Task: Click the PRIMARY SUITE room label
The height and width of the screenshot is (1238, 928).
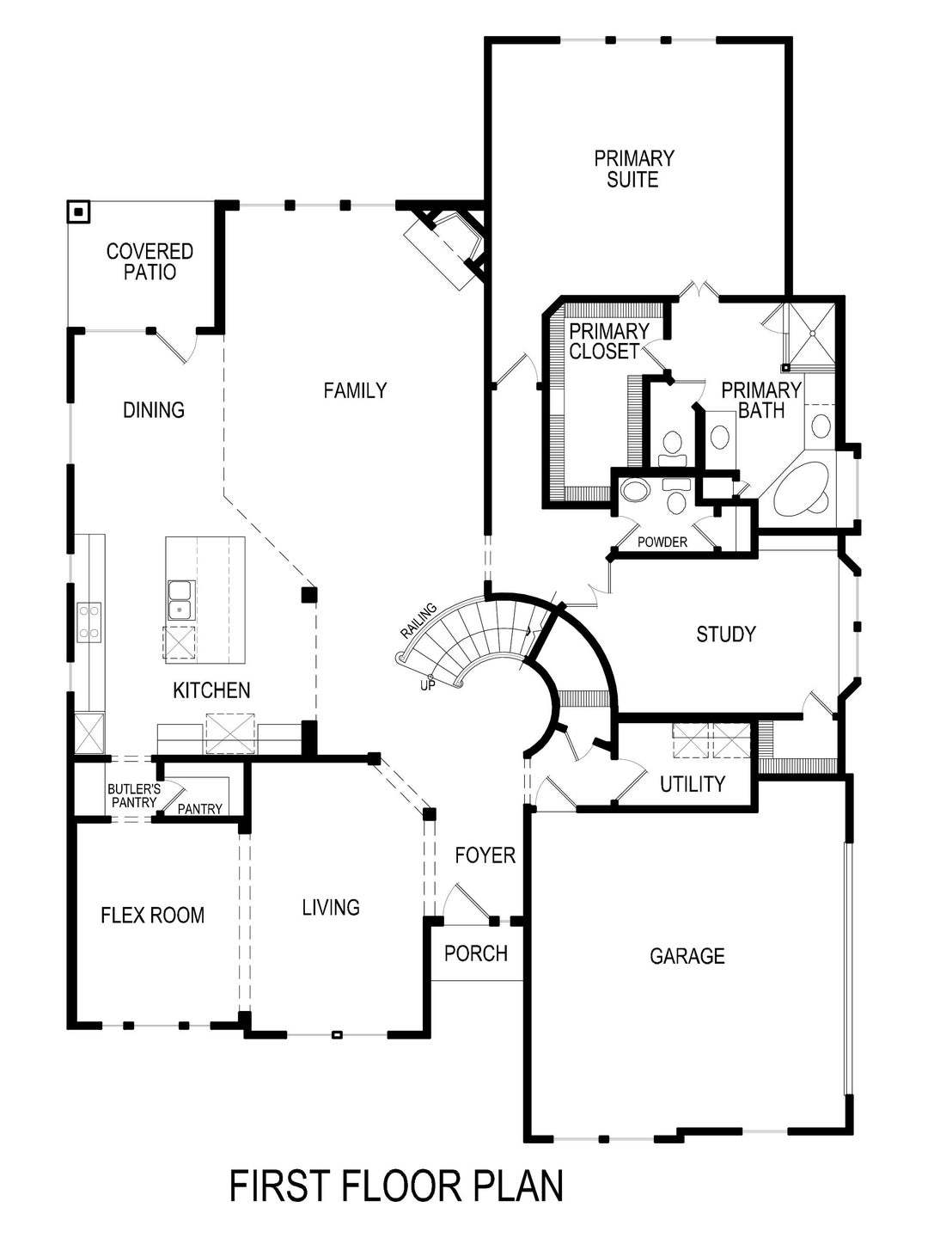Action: [634, 169]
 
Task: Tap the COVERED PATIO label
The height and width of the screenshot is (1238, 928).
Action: [150, 261]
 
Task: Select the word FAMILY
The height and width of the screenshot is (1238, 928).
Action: [355, 390]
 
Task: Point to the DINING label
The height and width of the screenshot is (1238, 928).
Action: [154, 410]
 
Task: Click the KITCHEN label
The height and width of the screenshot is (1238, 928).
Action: [211, 689]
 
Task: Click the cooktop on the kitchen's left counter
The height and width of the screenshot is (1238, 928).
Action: [89, 622]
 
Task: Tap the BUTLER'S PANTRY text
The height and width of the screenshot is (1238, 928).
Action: [133, 795]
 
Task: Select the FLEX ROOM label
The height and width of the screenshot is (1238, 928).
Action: [153, 915]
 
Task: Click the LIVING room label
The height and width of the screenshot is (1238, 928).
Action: [331, 907]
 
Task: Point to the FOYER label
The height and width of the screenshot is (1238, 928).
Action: [485, 855]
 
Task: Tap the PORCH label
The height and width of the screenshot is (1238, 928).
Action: [476, 953]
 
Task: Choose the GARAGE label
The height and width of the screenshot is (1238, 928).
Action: [687, 956]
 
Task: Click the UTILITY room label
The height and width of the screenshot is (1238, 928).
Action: [693, 783]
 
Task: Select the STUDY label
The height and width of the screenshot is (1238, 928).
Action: [726, 634]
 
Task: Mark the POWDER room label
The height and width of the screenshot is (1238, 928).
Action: [662, 542]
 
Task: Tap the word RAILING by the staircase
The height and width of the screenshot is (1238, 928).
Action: [418, 620]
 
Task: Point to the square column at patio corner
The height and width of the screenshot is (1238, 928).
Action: [79, 211]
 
